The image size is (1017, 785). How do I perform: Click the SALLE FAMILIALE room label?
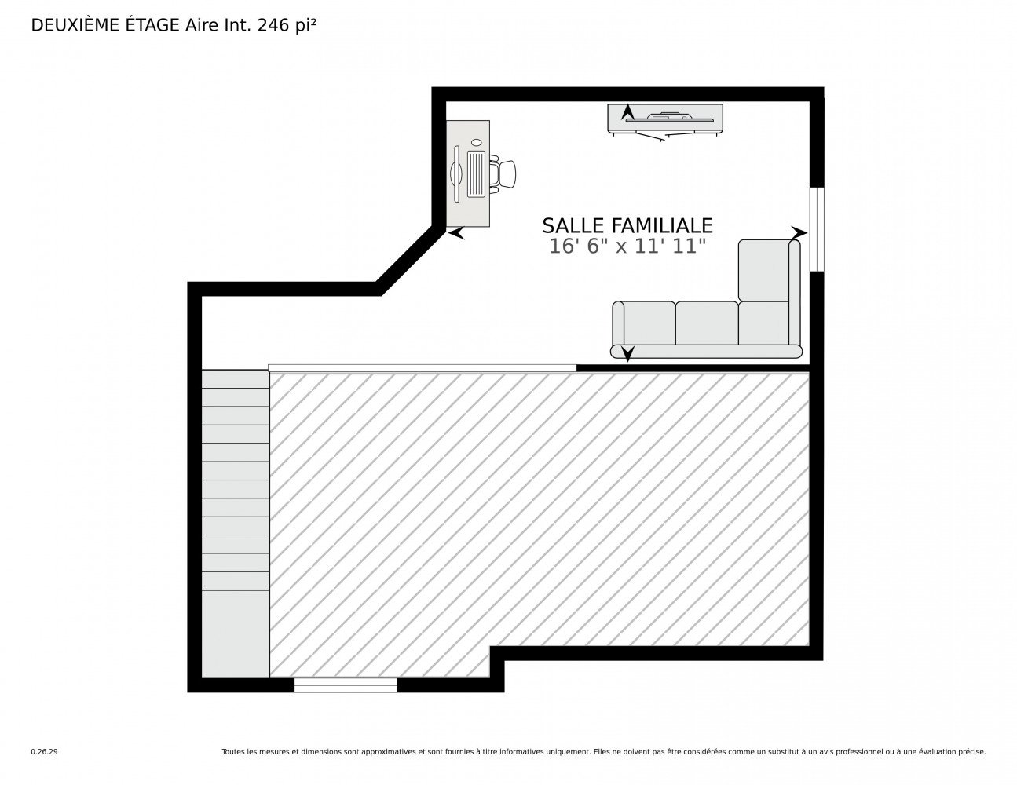[627, 226]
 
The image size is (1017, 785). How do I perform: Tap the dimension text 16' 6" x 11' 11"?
[627, 246]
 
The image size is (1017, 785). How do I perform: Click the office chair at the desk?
[503, 174]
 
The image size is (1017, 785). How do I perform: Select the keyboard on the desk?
[477, 173]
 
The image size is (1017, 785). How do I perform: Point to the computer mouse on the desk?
[477, 142]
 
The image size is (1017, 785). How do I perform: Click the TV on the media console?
[669, 116]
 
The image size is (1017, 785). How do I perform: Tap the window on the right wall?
[817, 229]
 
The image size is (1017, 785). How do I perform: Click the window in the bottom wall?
[346, 685]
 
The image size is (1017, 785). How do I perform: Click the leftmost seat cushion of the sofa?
[649, 323]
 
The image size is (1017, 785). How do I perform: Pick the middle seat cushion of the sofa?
[707, 323]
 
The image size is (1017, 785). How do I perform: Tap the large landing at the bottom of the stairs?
[236, 634]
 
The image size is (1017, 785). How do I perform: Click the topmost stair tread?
[236, 379]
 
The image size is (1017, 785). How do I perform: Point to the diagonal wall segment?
[410, 261]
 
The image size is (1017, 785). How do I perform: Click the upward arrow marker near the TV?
[627, 112]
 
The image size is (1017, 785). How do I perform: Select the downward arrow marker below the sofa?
[627, 354]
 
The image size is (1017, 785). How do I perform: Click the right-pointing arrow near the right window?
[799, 232]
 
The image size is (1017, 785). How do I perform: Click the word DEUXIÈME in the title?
[75, 25]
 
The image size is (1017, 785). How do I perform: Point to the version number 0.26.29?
[45, 752]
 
